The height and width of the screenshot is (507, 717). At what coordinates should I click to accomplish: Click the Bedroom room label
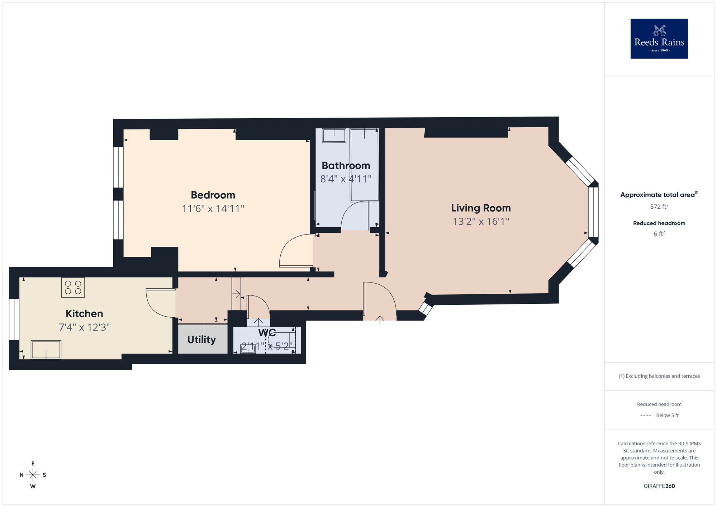pos(213,195)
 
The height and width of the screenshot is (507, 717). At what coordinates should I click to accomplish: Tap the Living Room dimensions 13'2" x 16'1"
pos(481,221)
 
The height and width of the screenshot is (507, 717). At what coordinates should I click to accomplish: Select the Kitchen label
pos(84,314)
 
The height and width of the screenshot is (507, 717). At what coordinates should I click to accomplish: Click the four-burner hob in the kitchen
pos(73,287)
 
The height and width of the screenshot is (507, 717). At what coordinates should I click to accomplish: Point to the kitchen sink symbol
pos(46,350)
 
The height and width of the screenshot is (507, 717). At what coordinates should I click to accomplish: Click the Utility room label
pos(201,340)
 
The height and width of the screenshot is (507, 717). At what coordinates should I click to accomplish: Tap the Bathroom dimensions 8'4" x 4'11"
pos(346,179)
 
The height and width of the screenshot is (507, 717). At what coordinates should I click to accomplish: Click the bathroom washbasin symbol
pos(334,136)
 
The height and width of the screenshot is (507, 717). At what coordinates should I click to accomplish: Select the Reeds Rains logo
pos(659,39)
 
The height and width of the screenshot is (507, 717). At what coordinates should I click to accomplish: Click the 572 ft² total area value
pos(659,207)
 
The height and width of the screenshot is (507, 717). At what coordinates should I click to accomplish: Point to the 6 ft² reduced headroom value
pos(659,234)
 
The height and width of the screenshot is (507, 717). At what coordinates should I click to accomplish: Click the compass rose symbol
pos(33,475)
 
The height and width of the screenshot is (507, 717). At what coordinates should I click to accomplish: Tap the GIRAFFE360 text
pos(659,486)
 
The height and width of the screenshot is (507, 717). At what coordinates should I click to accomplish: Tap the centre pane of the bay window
pos(593,212)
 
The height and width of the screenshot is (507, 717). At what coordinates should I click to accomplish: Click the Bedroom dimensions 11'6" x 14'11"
pos(213,208)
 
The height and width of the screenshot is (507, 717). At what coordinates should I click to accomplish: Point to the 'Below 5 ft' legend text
pos(667,415)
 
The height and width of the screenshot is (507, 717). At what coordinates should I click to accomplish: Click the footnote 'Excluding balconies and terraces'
pos(659,376)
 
